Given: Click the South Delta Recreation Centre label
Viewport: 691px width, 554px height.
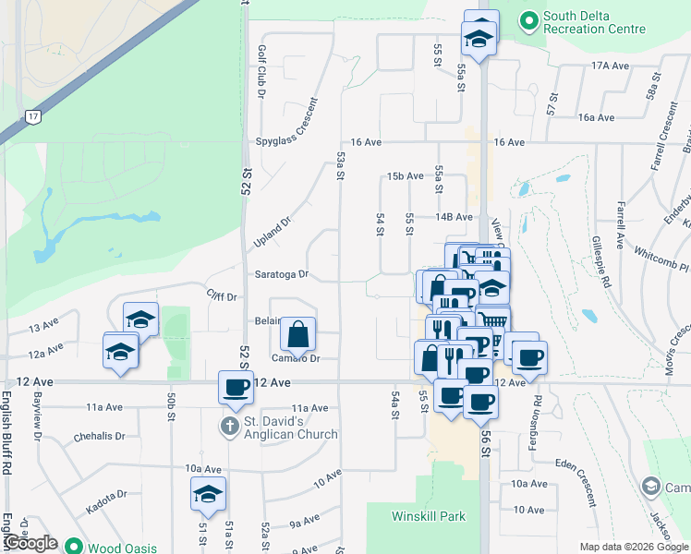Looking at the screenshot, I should (x=594, y=22).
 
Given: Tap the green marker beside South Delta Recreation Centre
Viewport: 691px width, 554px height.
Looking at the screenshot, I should (x=528, y=18).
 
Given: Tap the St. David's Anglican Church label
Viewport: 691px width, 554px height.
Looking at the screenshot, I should (x=291, y=428).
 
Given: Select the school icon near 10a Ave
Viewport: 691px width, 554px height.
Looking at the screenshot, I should (x=208, y=494).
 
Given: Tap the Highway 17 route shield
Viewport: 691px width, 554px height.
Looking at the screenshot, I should (x=33, y=117).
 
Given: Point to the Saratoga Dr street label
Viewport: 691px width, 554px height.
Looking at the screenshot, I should (x=282, y=274).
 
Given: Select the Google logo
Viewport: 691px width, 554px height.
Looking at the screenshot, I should (x=31, y=543).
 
